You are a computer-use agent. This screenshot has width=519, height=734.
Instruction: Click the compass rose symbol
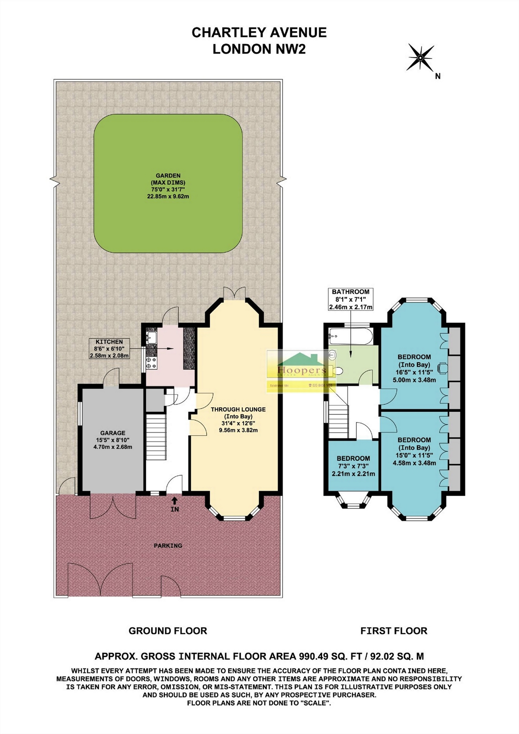420,58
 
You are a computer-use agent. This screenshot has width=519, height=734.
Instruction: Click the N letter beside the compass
437,76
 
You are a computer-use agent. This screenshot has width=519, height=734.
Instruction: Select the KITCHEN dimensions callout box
109,348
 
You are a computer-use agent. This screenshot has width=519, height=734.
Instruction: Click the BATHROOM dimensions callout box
350,299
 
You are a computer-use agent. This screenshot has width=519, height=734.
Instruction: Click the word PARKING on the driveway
168,545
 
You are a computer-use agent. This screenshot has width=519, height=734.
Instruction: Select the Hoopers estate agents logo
301,370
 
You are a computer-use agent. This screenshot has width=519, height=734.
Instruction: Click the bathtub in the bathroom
351,336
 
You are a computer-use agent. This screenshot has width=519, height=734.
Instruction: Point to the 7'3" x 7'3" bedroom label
353,466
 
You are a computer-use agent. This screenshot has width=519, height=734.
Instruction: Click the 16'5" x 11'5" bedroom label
414,368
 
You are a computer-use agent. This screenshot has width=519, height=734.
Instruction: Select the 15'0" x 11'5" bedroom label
414,451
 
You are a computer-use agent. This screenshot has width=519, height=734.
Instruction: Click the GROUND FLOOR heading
168,631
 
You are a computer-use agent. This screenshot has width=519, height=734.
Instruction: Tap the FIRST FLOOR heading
394,631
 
